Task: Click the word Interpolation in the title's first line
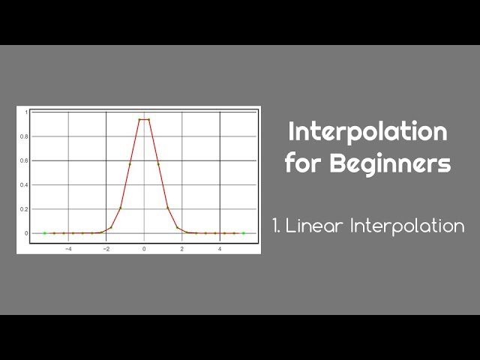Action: click(x=367, y=132)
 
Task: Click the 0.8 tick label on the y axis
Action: click(x=25, y=136)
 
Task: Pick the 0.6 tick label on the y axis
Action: click(x=25, y=160)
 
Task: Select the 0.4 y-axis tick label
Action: click(x=25, y=184)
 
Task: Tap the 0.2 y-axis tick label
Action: click(x=25, y=208)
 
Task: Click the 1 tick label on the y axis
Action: click(x=26, y=112)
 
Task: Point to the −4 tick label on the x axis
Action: click(x=68, y=247)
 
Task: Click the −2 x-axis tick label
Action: click(x=106, y=247)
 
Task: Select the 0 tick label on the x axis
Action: click(x=144, y=247)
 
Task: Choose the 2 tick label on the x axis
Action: click(x=181, y=247)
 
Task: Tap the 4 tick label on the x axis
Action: click(x=220, y=247)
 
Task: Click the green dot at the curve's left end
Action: click(x=44, y=233)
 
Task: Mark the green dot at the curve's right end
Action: click(x=243, y=233)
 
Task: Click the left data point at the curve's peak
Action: click(x=139, y=119)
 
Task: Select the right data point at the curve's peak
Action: click(x=148, y=119)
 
